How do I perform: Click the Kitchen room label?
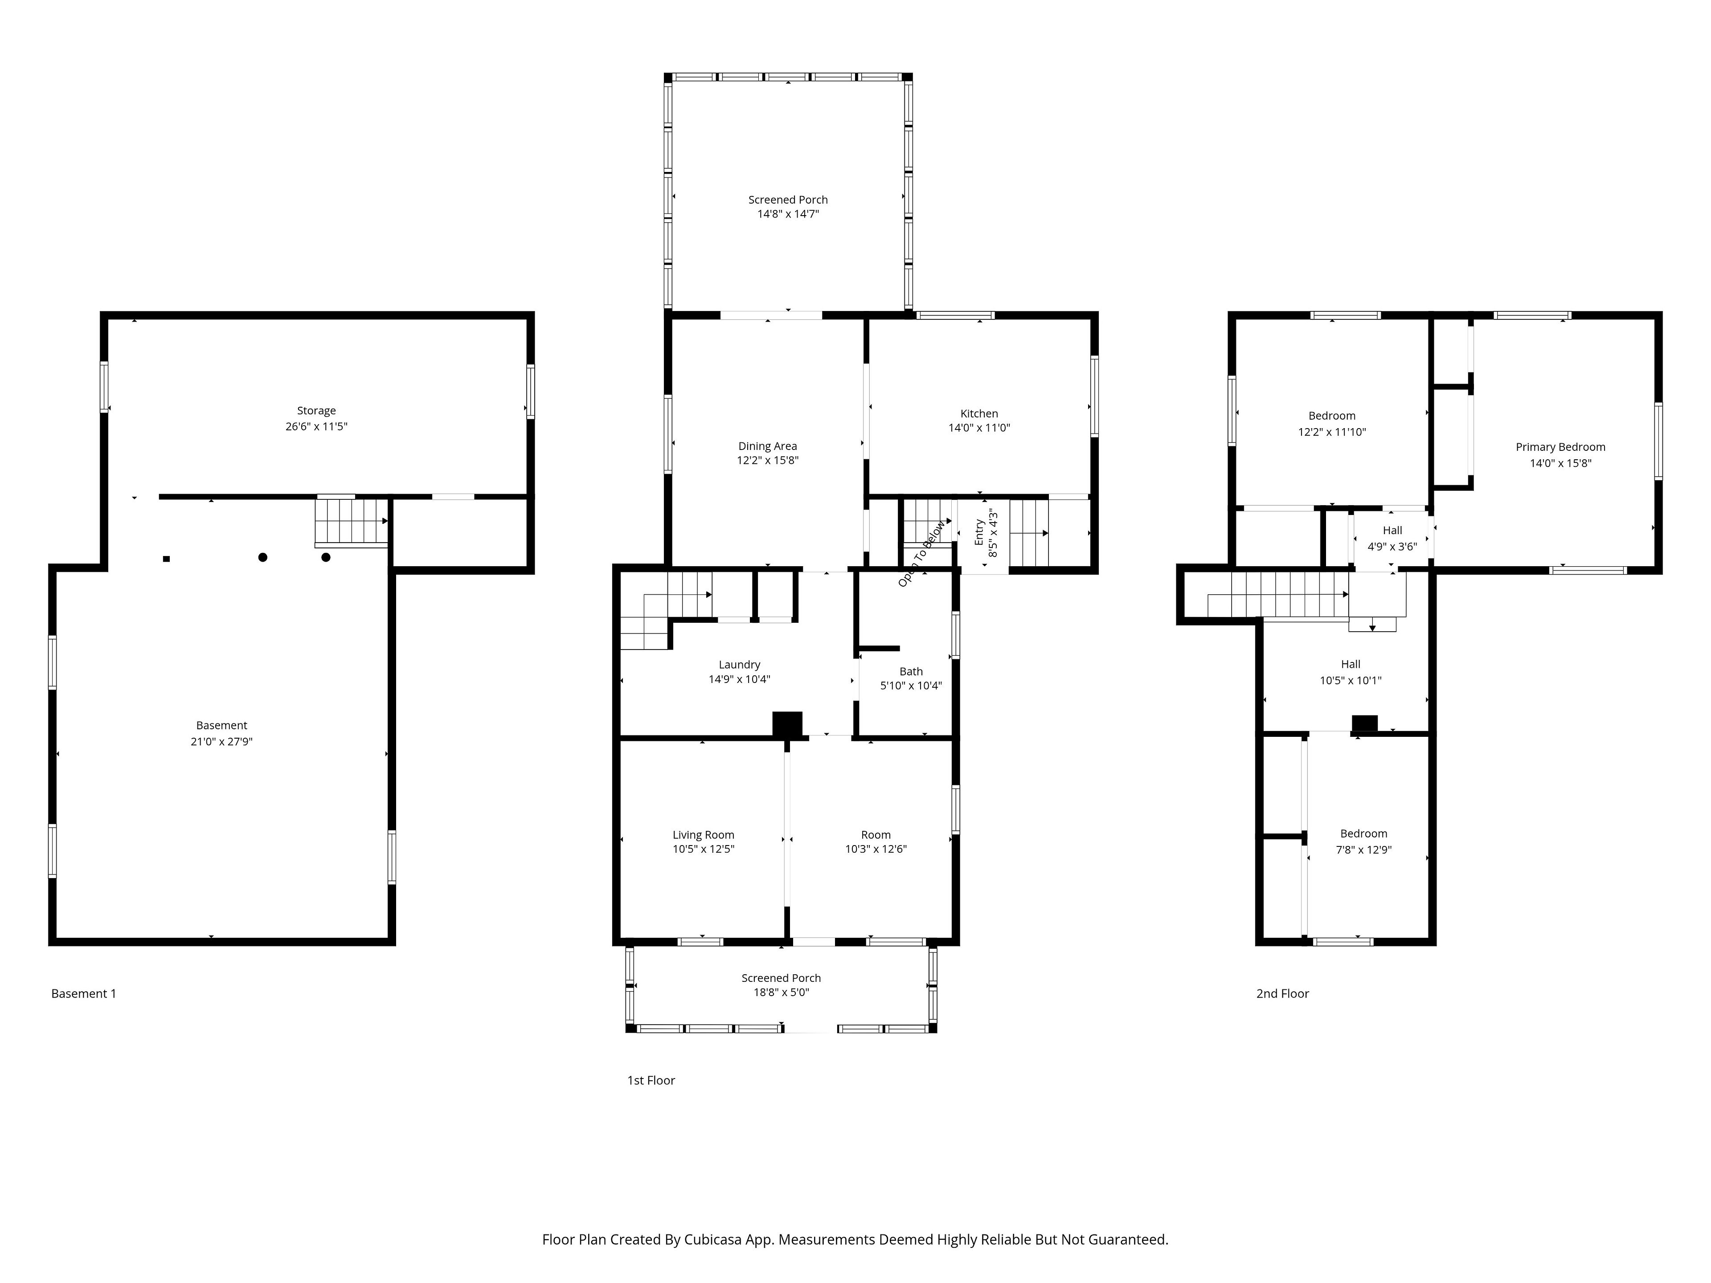tap(979, 414)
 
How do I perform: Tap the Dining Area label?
tap(767, 446)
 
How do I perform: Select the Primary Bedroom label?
tap(1560, 447)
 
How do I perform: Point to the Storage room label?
tap(316, 411)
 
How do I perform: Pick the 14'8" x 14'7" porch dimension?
tap(788, 214)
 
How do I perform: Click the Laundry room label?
tap(740, 665)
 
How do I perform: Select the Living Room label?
tap(703, 835)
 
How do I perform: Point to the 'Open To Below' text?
tap(921, 554)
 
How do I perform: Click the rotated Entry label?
tap(979, 532)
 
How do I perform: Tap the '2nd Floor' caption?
tap(1282, 994)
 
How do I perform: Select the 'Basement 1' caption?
tap(83, 994)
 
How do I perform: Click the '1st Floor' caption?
tap(651, 1080)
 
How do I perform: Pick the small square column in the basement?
tap(166, 558)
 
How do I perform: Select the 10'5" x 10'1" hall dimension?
tap(1351, 681)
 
